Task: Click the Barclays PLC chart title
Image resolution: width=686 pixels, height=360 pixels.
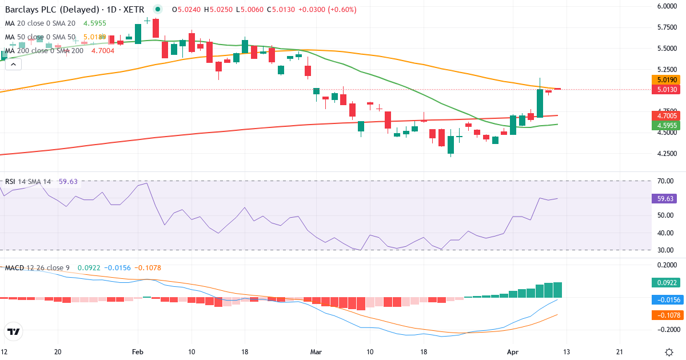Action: (x=74, y=10)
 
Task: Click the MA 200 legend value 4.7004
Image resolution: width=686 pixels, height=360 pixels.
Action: (x=103, y=51)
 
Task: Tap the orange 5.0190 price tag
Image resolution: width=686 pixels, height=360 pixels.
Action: (x=667, y=80)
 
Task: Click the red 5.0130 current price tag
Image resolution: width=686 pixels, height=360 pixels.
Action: (x=667, y=90)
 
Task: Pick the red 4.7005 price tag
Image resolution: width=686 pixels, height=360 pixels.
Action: (x=667, y=116)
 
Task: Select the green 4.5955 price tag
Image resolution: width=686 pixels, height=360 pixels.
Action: (x=667, y=126)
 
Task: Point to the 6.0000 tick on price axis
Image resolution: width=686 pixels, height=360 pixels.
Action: (x=667, y=6)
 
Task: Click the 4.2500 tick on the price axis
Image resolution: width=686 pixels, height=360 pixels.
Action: (x=667, y=154)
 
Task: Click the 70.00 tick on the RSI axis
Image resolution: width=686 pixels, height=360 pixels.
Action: (x=665, y=181)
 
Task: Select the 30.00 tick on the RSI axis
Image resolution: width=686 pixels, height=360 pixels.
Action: (x=665, y=250)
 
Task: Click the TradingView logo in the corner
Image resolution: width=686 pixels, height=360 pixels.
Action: (x=14, y=331)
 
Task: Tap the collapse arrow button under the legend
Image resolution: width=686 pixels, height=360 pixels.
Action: (x=13, y=65)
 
